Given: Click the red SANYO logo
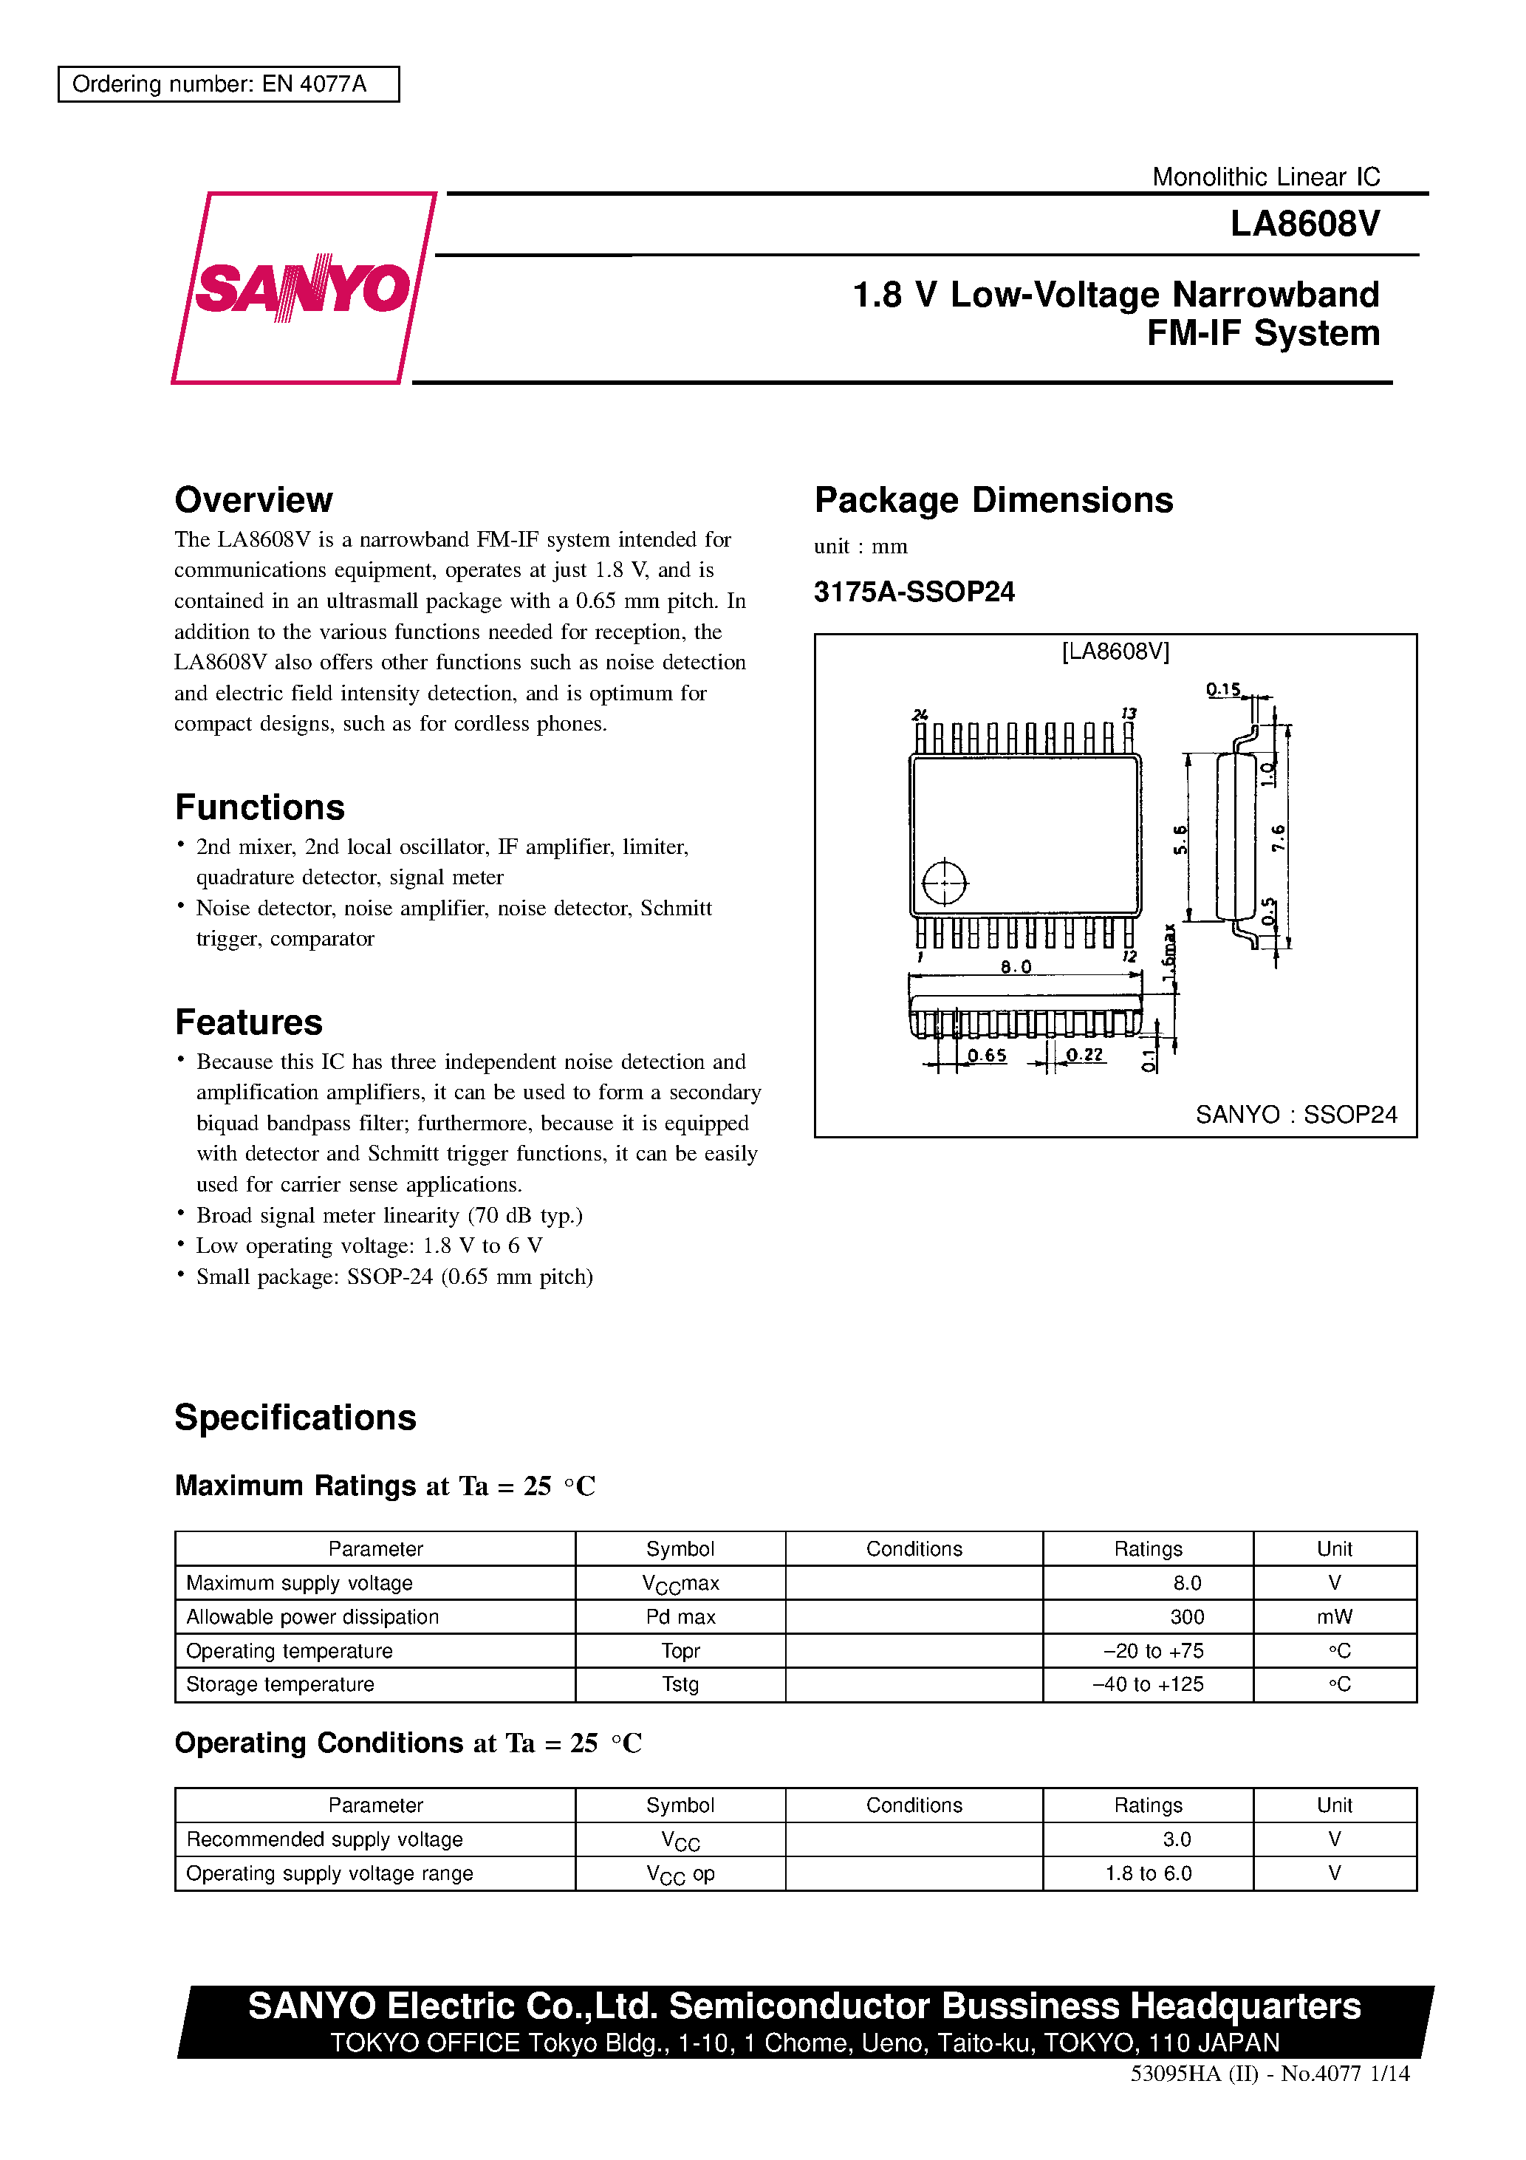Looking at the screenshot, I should point(303,288).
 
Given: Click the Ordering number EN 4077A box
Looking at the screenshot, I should point(229,83).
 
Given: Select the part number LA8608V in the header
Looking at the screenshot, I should point(1304,224).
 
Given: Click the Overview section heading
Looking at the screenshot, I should point(253,499).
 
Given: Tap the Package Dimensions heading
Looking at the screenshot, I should point(993,499).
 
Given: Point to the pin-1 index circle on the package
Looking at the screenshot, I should point(944,883).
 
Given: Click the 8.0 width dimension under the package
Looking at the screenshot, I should point(1015,967).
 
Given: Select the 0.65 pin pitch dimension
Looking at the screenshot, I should point(986,1056).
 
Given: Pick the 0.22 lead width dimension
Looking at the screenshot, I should point(1084,1056).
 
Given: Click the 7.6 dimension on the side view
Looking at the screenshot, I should point(1278,837).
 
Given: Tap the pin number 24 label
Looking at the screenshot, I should point(919,715).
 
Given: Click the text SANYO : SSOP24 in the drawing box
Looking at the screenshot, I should point(1296,1114).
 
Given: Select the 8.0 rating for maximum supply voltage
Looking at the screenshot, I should point(1186,1583).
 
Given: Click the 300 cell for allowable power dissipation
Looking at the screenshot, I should point(1186,1617).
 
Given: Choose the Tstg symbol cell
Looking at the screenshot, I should point(680,1684).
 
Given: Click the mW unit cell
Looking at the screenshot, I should point(1333,1617).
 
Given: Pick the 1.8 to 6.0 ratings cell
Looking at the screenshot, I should point(1148,1873).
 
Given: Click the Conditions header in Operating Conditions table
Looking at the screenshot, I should point(914,1805).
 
